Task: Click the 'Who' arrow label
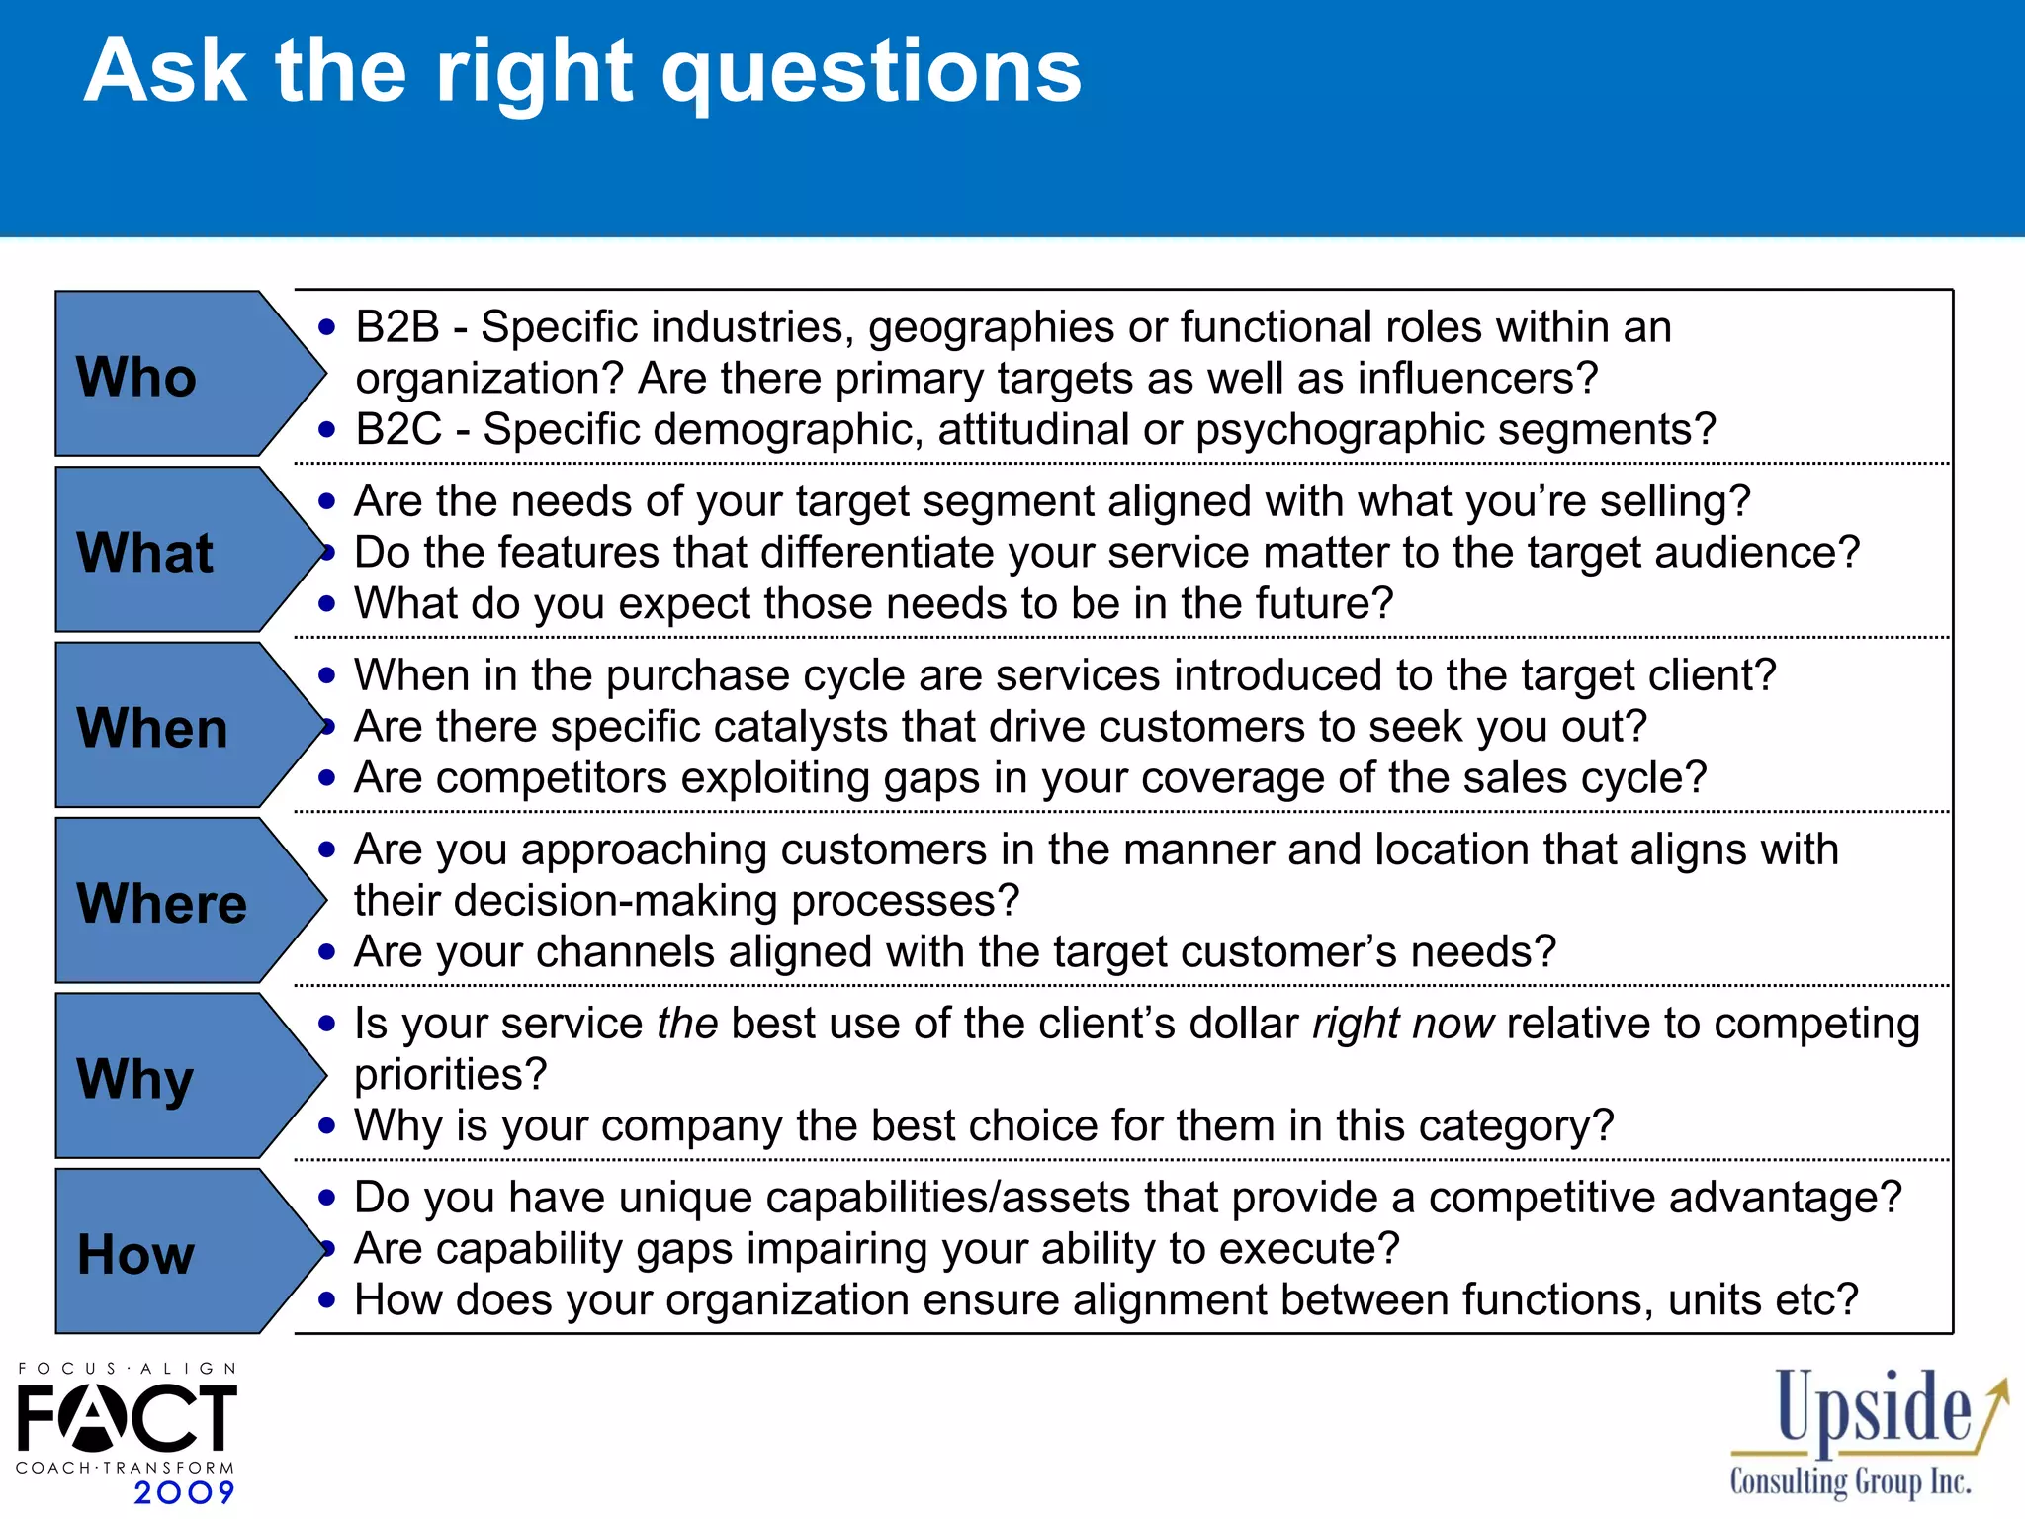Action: [x=137, y=377]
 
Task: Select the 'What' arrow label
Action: [x=145, y=552]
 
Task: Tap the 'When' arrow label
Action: [x=152, y=728]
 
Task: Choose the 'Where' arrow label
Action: [x=162, y=903]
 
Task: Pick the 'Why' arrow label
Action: [x=135, y=1079]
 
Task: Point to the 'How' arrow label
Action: [x=136, y=1254]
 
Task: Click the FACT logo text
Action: [x=127, y=1416]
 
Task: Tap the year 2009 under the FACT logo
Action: [x=184, y=1492]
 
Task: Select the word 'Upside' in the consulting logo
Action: [x=1873, y=1408]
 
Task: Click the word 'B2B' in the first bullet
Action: [x=397, y=327]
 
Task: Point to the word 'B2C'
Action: [x=398, y=430]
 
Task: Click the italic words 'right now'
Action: [x=1403, y=1024]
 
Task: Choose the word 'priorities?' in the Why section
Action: [x=450, y=1075]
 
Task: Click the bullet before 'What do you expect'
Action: [x=327, y=604]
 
